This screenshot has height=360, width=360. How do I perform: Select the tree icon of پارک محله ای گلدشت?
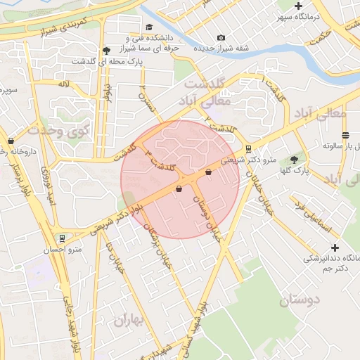106,50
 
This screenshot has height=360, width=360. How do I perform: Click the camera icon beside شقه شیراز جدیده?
221,37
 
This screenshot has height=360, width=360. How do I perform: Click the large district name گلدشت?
204,83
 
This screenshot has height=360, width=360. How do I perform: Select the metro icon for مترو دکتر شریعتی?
248,148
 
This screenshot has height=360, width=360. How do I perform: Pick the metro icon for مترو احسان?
63,238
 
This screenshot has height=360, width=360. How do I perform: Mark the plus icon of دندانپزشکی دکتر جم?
335,247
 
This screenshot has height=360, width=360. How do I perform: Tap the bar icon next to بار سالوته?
345,135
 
